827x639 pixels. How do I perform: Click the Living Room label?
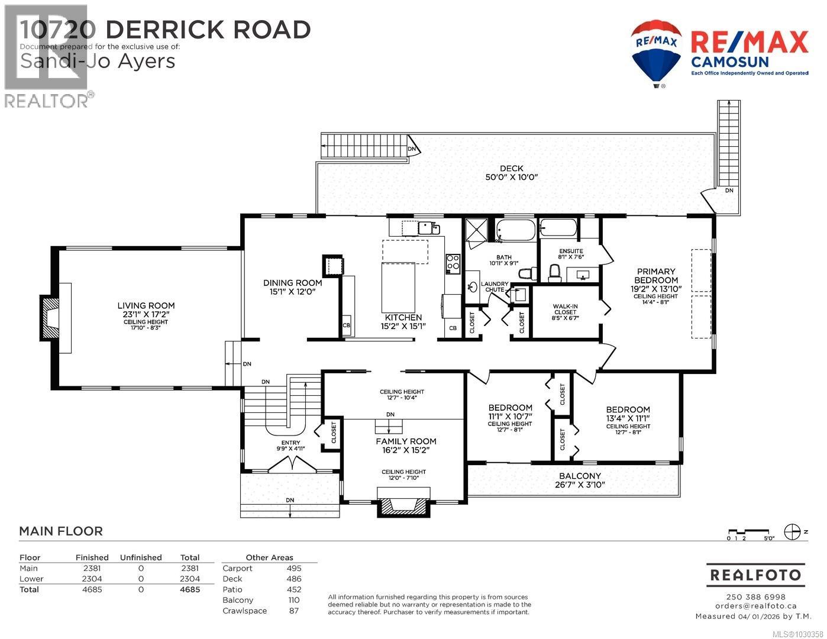[x=146, y=306]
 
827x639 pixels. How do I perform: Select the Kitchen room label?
[x=402, y=318]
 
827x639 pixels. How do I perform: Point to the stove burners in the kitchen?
[x=453, y=262]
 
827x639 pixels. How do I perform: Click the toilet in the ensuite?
[x=554, y=273]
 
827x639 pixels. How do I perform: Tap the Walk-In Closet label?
[x=565, y=309]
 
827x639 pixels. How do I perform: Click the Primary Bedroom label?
[x=655, y=276]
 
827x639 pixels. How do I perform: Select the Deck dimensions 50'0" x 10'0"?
[x=511, y=177]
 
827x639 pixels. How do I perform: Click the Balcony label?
[x=580, y=476]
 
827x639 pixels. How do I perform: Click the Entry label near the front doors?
[x=290, y=443]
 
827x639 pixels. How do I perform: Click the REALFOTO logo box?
[x=755, y=575]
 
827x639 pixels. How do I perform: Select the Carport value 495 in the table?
[x=294, y=569]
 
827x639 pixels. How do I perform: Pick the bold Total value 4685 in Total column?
[x=189, y=590]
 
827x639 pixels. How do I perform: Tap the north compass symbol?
[x=792, y=532]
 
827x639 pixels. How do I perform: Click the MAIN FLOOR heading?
[x=61, y=531]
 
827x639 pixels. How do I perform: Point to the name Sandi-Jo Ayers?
[x=98, y=61]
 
